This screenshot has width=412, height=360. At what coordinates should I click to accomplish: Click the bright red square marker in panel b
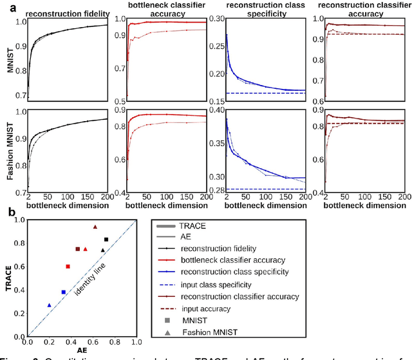[68, 266]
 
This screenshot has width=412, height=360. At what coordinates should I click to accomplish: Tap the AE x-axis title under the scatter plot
[82, 351]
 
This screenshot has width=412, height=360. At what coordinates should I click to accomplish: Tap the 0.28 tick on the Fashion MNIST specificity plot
[216, 189]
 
